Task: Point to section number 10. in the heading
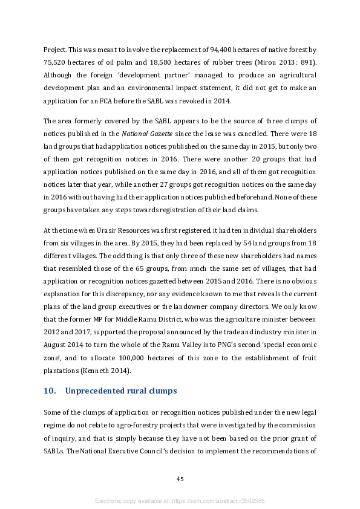pos(50,391)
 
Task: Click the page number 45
pos(180,479)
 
